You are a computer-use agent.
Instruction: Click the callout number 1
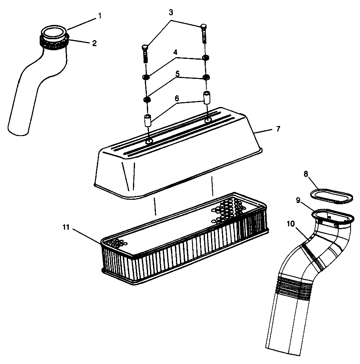99,16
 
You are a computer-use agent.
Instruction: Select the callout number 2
94,43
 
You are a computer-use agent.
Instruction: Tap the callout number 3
171,12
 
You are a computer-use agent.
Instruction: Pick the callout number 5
177,74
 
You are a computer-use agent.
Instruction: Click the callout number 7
278,129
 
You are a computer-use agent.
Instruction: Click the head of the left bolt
145,48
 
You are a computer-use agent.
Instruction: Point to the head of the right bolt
204,27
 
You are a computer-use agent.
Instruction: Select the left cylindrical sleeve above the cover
148,121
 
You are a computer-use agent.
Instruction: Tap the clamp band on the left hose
53,42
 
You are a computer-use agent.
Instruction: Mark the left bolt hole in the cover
149,141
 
